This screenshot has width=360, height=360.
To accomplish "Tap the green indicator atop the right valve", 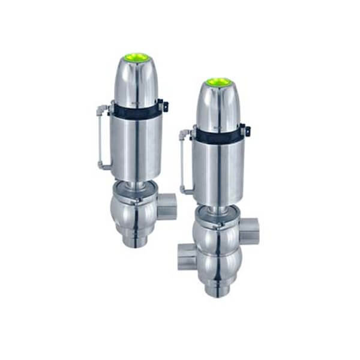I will click(x=219, y=82).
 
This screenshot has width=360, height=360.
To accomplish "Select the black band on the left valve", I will click(x=136, y=110).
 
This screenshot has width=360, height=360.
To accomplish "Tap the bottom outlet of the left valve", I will click(x=137, y=241).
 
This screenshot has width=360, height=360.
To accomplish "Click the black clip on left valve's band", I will click(x=165, y=106).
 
